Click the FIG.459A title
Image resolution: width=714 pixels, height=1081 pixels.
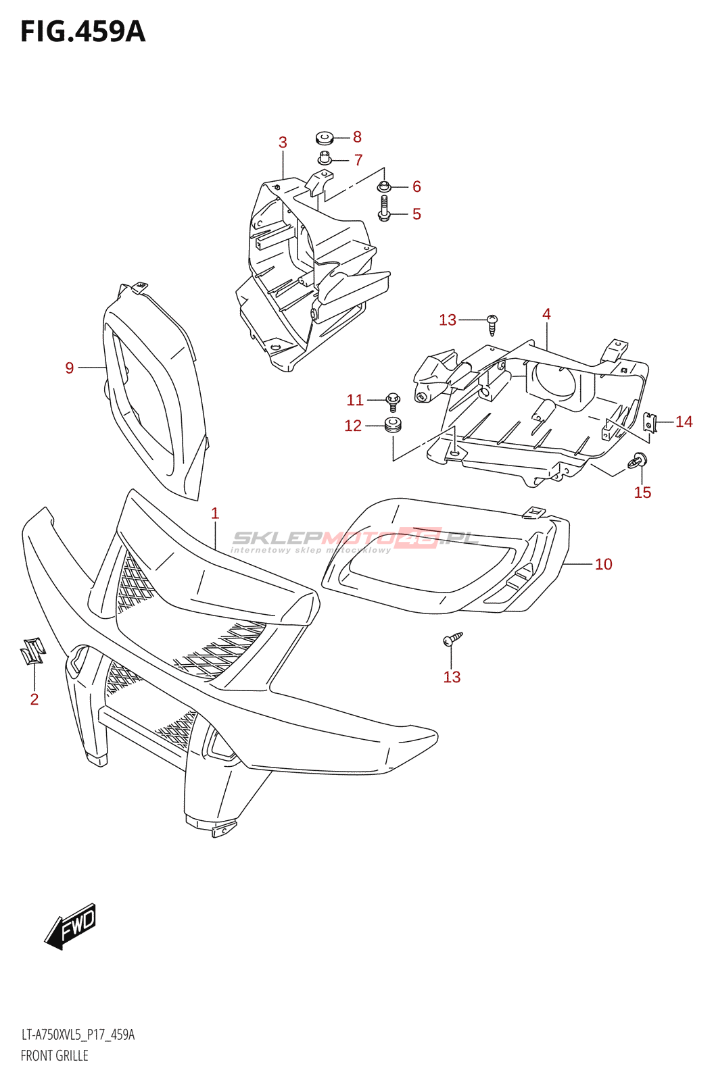point(82,32)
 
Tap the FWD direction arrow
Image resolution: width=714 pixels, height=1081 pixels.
point(71,926)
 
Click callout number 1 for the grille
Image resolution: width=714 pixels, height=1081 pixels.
point(215,513)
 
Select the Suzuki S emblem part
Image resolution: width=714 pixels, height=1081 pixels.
point(32,651)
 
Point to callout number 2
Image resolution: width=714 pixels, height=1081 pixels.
point(34,699)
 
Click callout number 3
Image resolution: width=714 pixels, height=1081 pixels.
point(283,143)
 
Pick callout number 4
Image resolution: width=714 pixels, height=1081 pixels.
point(546,314)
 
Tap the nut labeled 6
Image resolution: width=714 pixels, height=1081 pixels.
point(384,185)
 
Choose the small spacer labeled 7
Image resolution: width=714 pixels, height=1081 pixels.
point(325,159)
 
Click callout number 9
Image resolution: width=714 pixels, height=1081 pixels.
point(70,368)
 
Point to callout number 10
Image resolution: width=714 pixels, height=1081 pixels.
point(603,564)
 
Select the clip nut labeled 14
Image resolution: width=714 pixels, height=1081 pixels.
point(650,423)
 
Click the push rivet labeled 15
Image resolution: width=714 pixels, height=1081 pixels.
point(638,461)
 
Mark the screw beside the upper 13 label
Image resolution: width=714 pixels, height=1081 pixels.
point(493,324)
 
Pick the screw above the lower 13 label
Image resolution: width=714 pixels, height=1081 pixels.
point(452,639)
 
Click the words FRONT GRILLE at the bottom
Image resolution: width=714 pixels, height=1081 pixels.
point(54,1055)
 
